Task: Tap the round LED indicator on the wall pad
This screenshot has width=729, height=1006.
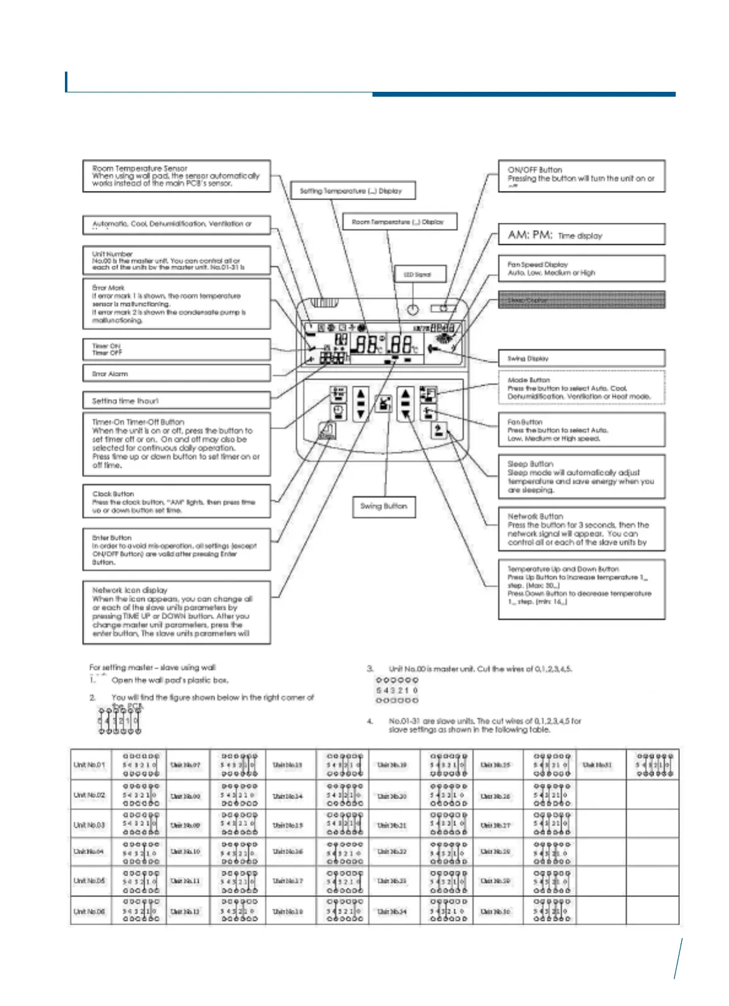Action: pos(413,310)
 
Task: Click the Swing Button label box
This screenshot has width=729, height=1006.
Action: pos(383,507)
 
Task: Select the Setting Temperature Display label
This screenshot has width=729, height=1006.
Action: pos(352,191)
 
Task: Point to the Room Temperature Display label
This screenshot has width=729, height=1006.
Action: pos(398,222)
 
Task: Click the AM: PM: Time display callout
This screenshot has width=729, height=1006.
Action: pos(581,235)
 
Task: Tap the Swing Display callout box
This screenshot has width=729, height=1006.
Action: pos(581,359)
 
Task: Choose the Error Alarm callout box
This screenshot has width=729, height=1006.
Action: pos(176,373)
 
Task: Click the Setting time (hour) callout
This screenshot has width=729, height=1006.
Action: pos(176,401)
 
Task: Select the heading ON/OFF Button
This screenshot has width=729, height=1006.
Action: pos(535,170)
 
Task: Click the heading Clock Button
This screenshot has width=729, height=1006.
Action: pos(113,494)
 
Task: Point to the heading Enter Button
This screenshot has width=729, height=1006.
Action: pos(112,538)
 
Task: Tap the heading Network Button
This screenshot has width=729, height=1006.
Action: pos(535,516)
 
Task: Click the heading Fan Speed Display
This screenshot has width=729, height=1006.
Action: pos(538,264)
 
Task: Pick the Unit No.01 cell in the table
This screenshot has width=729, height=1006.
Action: pos(89,765)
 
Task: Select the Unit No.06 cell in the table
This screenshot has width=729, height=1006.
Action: pos(89,911)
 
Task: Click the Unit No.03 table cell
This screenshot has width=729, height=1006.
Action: pos(89,825)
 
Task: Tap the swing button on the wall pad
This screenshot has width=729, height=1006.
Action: pos(383,404)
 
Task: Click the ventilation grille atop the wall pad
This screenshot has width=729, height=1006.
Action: pos(324,302)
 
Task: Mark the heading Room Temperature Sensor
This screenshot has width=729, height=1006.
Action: pos(140,168)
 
